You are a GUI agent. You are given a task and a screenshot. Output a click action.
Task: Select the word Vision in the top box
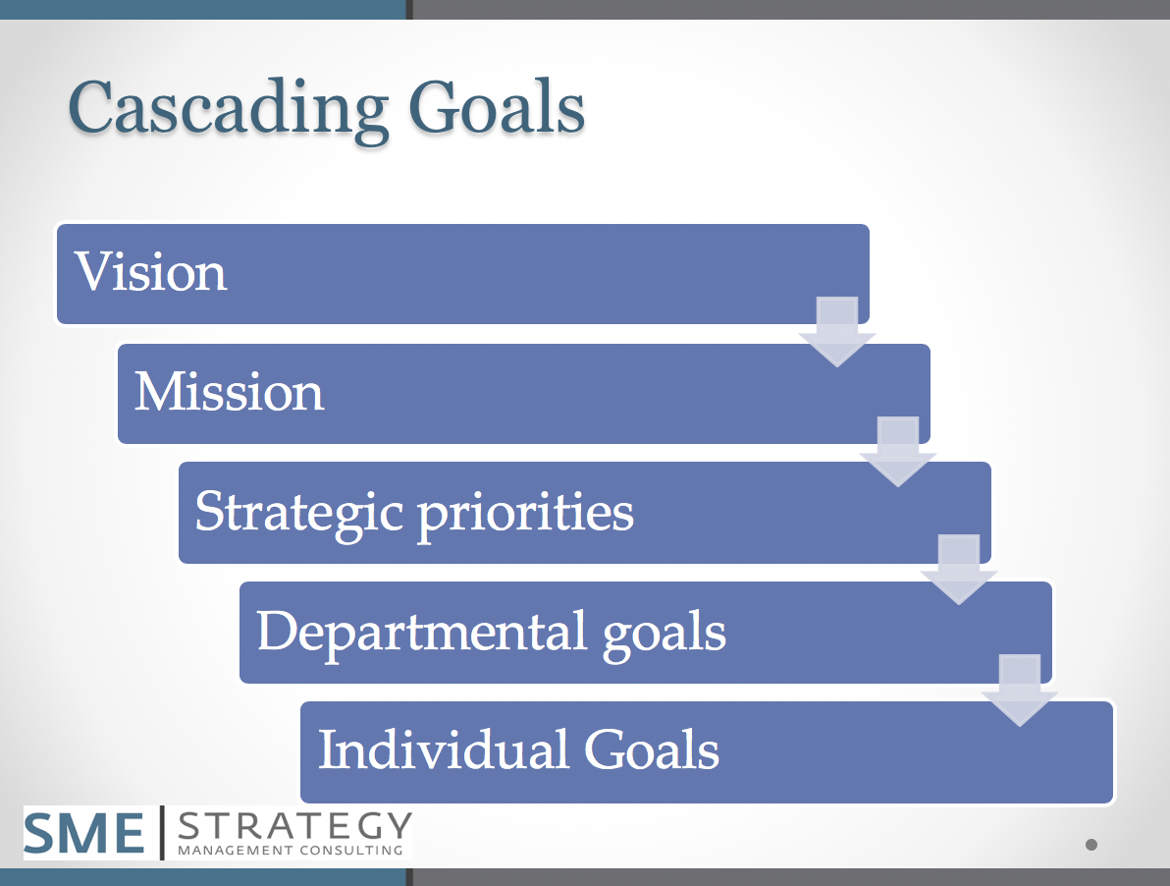point(151,272)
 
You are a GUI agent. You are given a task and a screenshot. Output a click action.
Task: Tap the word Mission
point(229,392)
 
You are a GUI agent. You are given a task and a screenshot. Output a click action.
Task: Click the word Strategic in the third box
point(299,512)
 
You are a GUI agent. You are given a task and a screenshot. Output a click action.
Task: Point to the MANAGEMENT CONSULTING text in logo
point(291,850)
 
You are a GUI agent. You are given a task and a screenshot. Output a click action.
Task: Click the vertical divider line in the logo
point(162,833)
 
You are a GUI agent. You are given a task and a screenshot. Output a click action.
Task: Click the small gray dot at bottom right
point(1090,845)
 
